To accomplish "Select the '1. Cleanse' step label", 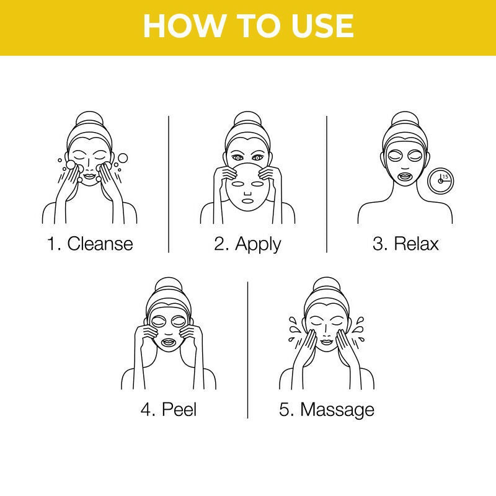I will click(90, 243).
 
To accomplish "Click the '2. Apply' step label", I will click(247, 243).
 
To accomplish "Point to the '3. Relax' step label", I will click(405, 243).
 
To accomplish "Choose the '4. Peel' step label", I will click(169, 409).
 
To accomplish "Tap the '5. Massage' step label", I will click(327, 409).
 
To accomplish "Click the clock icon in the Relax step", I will click(441, 180).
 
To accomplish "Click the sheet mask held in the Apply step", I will click(247, 189).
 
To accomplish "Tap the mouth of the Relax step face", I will click(405, 175).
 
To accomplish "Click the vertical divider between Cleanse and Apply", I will click(169, 183).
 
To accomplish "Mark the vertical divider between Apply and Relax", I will click(327, 183).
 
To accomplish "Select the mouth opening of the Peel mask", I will click(169, 342).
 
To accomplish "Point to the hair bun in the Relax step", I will click(405, 118).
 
